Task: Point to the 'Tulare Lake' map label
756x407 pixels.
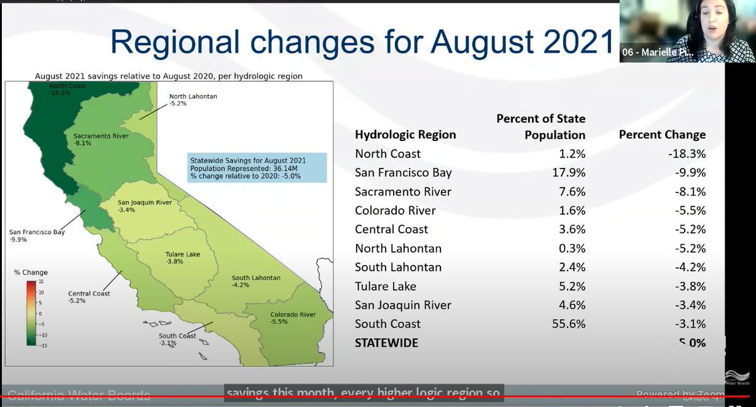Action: coord(183,254)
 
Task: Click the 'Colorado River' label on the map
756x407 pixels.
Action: coord(292,315)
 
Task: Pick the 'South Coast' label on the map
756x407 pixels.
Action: coord(177,336)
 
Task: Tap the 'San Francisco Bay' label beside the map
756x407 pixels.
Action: coord(37,232)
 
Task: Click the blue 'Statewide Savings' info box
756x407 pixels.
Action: coord(257,168)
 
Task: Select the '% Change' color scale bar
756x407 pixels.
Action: coord(31,313)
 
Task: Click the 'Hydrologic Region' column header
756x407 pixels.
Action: coord(405,135)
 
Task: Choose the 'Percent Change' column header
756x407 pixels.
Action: coord(662,135)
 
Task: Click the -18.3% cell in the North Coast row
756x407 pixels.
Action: coord(687,153)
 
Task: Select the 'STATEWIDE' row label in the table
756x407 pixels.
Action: coord(386,343)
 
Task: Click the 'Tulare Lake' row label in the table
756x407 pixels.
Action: coord(386,286)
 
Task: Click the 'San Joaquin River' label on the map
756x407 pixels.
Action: coord(145,203)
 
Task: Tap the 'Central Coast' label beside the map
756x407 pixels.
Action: coord(89,294)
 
